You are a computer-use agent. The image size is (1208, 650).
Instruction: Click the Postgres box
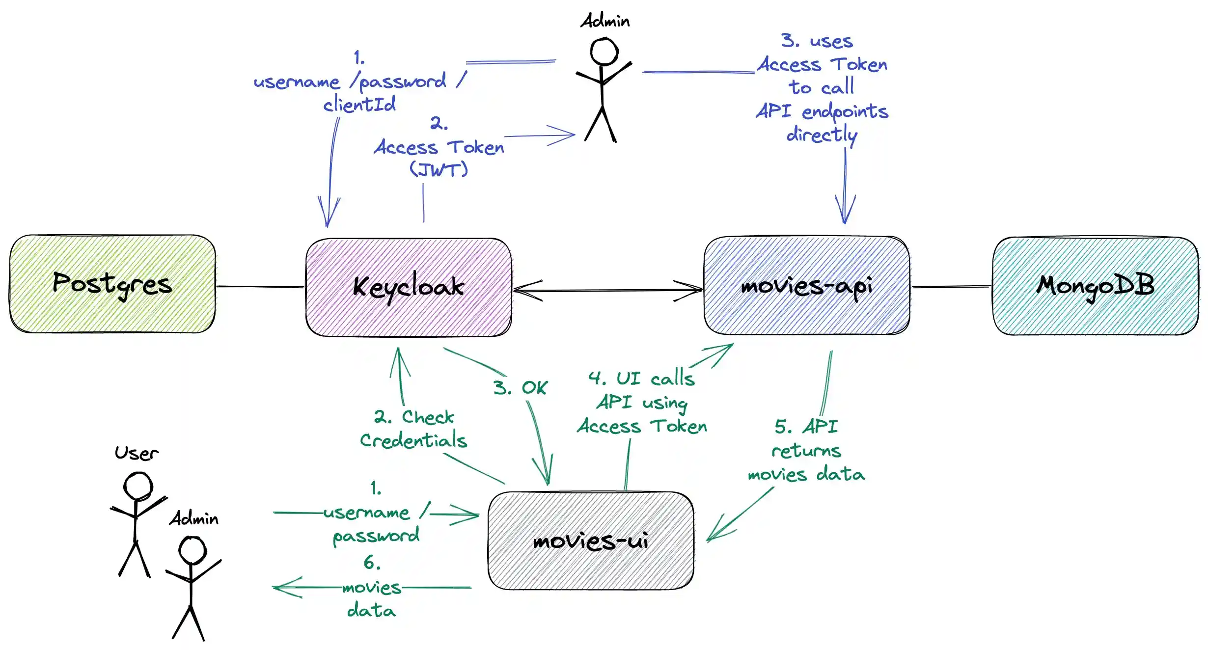pos(112,284)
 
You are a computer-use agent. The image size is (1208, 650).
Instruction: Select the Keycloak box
pos(409,287)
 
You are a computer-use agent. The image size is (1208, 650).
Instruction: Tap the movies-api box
pos(806,286)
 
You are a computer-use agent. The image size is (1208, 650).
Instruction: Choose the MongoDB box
pos(1095,286)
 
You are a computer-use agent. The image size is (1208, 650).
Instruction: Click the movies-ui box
pos(591,541)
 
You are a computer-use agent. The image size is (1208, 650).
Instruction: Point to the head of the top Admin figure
pos(604,52)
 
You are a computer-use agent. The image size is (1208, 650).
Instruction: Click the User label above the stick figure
pos(137,453)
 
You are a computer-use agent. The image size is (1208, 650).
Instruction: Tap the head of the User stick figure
pos(138,486)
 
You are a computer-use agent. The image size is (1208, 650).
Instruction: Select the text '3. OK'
pos(520,388)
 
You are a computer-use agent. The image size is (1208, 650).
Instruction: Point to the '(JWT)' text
pos(439,170)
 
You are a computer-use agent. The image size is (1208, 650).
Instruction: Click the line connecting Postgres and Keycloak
pos(260,287)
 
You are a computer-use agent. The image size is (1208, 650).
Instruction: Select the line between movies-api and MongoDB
pos(951,287)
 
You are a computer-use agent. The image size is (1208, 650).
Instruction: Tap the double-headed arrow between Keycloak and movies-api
pos(608,291)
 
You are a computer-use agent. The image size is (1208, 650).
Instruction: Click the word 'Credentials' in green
pos(413,440)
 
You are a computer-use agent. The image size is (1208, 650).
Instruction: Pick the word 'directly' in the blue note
pos(822,135)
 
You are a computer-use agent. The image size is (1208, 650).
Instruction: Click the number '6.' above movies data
pos(372,563)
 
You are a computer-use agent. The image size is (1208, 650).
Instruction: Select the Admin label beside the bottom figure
pos(194,519)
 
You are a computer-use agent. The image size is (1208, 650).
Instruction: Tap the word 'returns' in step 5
pos(806,451)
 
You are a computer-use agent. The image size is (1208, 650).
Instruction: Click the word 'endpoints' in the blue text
pos(845,112)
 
